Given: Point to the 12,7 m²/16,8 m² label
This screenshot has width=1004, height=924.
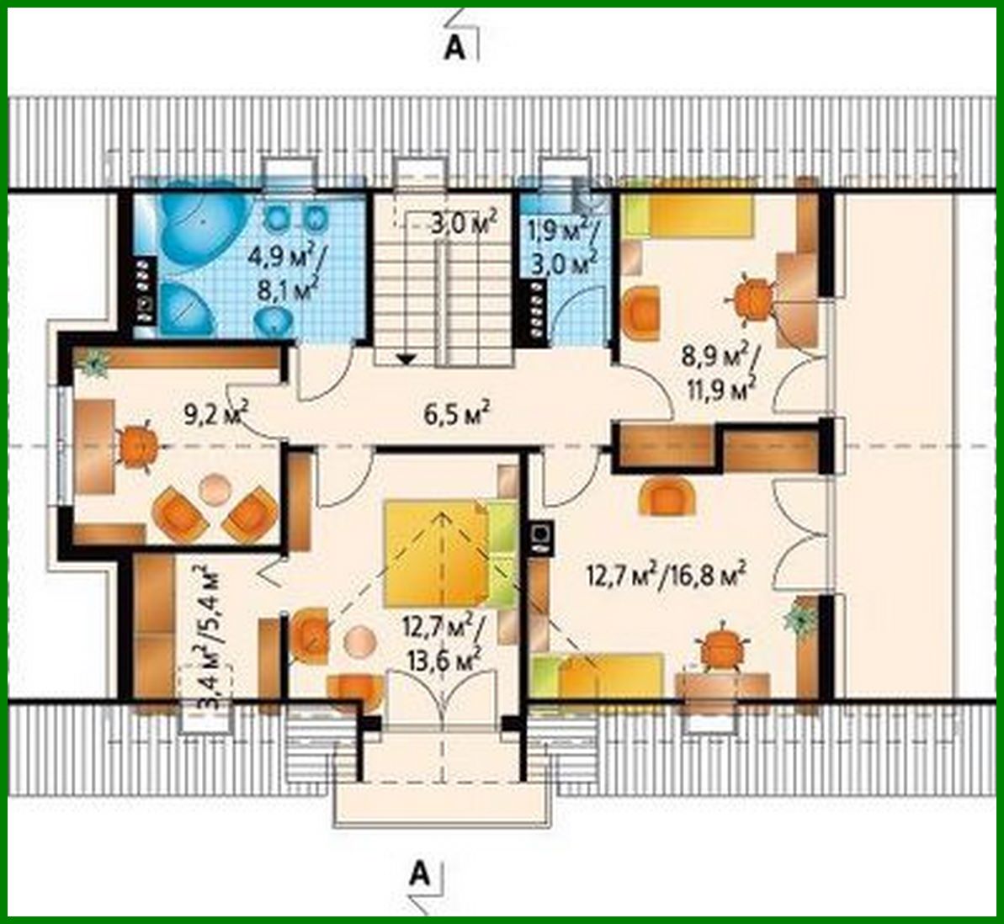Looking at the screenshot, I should click(666, 576).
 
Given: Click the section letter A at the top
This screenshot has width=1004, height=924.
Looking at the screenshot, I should click(454, 48).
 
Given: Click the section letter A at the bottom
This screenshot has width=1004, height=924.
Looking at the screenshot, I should click(419, 874).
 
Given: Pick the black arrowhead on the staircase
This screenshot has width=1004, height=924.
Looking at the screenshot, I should click(406, 359).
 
